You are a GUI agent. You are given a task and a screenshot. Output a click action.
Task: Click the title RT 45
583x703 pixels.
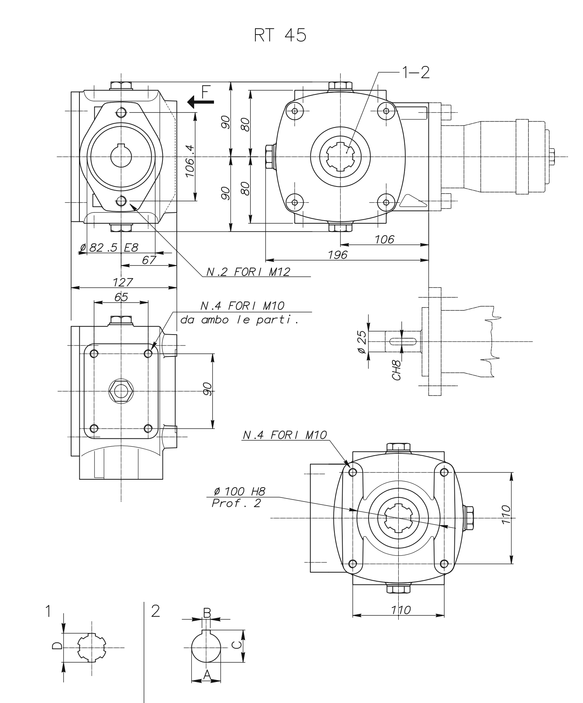click(x=280, y=35)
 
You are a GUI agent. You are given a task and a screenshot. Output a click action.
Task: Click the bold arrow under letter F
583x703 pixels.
click(x=200, y=102)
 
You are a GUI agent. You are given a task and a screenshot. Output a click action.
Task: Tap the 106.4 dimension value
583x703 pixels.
click(x=190, y=161)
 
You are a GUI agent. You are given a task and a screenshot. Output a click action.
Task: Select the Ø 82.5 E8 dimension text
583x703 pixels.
click(x=109, y=248)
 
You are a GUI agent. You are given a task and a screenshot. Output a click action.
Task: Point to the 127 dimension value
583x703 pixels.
click(x=123, y=282)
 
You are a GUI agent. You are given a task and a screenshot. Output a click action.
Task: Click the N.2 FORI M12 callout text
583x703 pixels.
click(x=249, y=272)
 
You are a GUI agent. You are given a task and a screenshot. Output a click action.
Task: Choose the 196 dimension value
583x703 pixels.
click(x=337, y=255)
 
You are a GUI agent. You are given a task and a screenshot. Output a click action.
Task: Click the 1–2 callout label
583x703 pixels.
click(x=415, y=73)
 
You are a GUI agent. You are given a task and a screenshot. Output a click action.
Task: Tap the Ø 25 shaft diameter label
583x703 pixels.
click(x=362, y=342)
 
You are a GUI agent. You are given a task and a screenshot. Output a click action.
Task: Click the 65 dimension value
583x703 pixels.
click(x=121, y=297)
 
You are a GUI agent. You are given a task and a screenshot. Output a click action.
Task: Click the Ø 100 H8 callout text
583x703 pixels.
click(x=239, y=491)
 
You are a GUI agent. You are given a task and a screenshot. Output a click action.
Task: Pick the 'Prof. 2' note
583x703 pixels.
click(x=236, y=503)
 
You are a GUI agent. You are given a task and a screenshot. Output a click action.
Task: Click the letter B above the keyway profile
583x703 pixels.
click(x=207, y=612)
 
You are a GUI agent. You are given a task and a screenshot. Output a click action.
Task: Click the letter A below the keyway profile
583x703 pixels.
click(x=206, y=675)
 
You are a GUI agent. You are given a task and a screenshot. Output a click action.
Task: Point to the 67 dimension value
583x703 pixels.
click(x=149, y=260)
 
